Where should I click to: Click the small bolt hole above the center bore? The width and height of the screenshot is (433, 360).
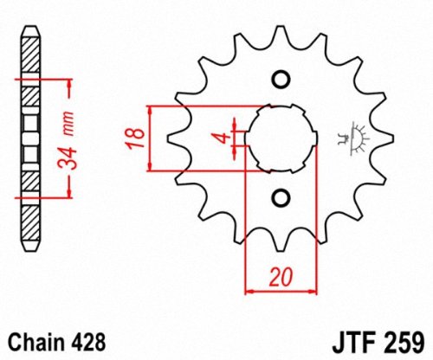tap(280, 80)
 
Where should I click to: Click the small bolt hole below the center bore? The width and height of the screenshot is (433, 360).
tap(280, 197)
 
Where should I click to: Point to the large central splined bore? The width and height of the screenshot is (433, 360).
tap(280, 138)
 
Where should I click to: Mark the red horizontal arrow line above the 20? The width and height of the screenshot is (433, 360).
tap(279, 290)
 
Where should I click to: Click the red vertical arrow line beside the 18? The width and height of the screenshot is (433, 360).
tap(152, 138)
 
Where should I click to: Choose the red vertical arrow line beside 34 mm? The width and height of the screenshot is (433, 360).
tap(67, 138)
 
